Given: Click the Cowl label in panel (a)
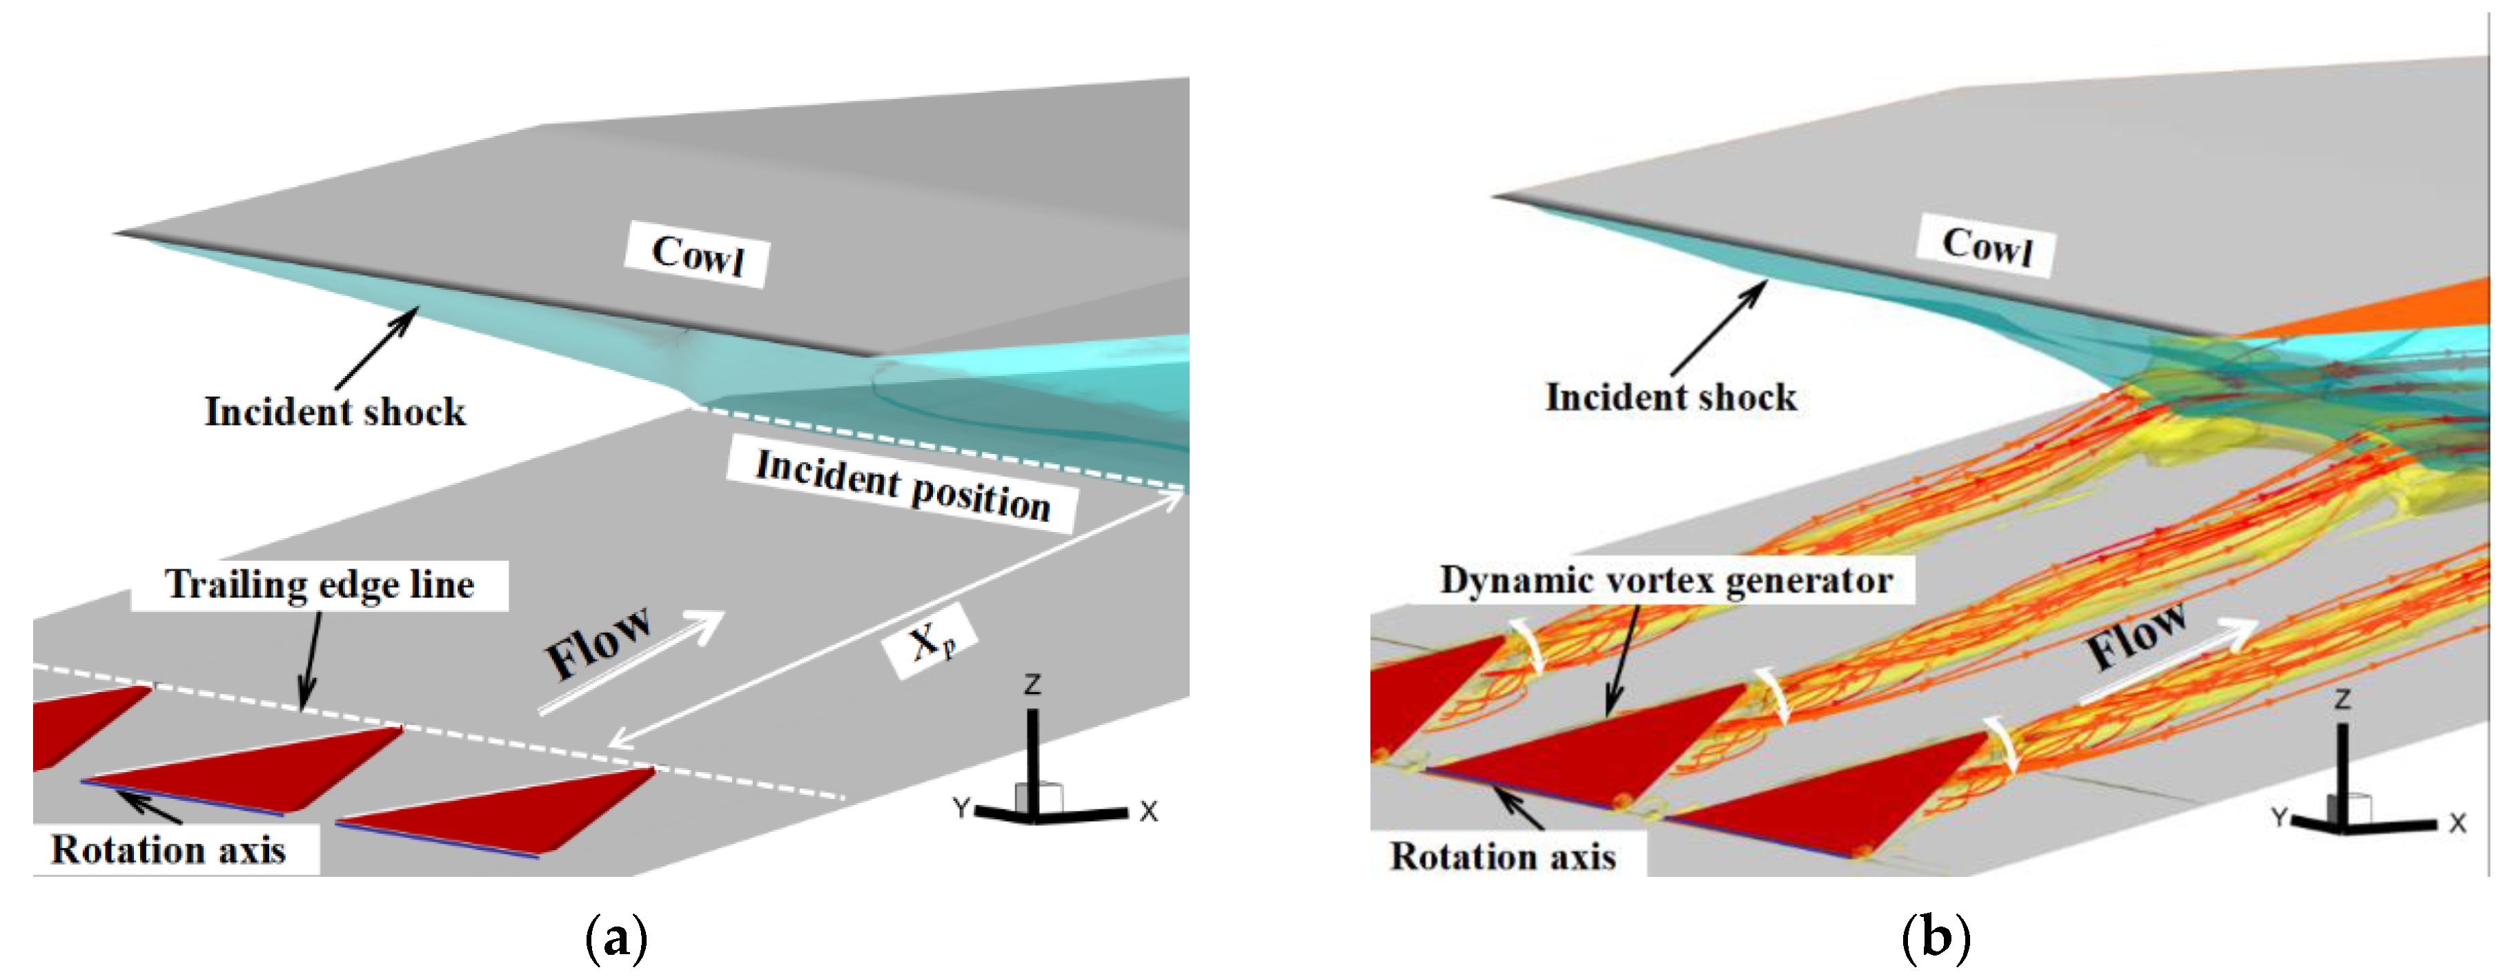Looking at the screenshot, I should [698, 255].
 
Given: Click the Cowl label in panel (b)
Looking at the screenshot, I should [1987, 246].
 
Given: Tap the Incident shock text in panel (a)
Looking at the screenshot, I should [335, 411].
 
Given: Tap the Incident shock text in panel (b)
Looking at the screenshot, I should [1671, 397].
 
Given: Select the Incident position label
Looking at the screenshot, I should [903, 485].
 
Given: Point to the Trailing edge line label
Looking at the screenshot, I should [319, 584].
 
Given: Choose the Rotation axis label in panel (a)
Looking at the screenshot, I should [168, 849].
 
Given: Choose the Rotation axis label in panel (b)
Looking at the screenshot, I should [1503, 856].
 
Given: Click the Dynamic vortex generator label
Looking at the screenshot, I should [1666, 581].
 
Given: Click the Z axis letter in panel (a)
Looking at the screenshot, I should [1032, 685].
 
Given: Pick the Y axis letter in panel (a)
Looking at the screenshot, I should [961, 807].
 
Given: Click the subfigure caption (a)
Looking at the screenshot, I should [616, 938].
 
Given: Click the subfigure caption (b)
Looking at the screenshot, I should [1936, 938].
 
